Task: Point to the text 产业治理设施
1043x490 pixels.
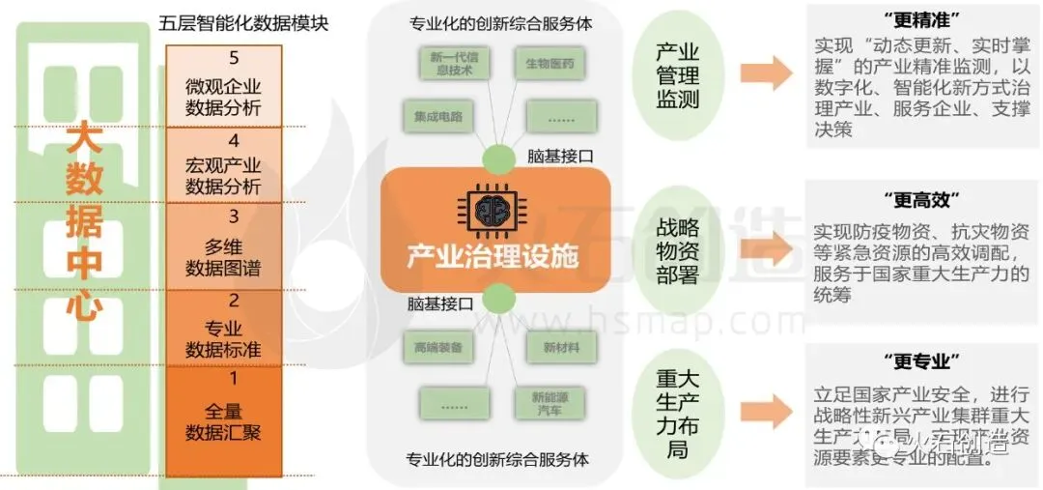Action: pyautogui.click(x=492, y=257)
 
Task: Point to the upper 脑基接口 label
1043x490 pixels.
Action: pyautogui.click(x=560, y=156)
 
